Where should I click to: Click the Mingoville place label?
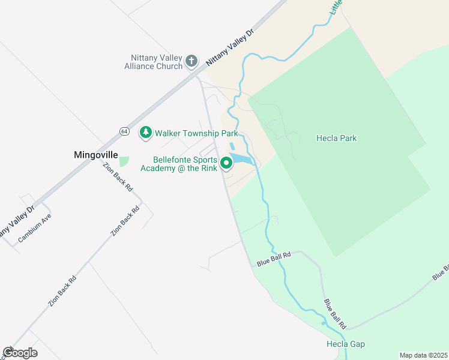click(96, 154)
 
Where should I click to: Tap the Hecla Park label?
click(336, 138)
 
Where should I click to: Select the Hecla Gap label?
click(345, 344)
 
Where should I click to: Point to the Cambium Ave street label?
click(35, 227)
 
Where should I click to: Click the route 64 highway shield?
click(124, 131)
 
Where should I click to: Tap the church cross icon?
click(191, 61)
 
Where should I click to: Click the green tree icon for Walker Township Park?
click(145, 133)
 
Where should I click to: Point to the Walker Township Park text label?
click(196, 133)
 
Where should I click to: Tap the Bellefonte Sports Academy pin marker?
click(226, 163)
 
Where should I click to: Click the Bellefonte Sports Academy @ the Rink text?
click(179, 164)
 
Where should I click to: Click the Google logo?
click(20, 352)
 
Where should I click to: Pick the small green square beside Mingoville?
click(124, 161)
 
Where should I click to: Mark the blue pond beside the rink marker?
click(243, 158)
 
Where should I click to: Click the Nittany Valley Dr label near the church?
click(231, 46)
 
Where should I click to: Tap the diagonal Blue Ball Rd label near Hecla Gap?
click(336, 313)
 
